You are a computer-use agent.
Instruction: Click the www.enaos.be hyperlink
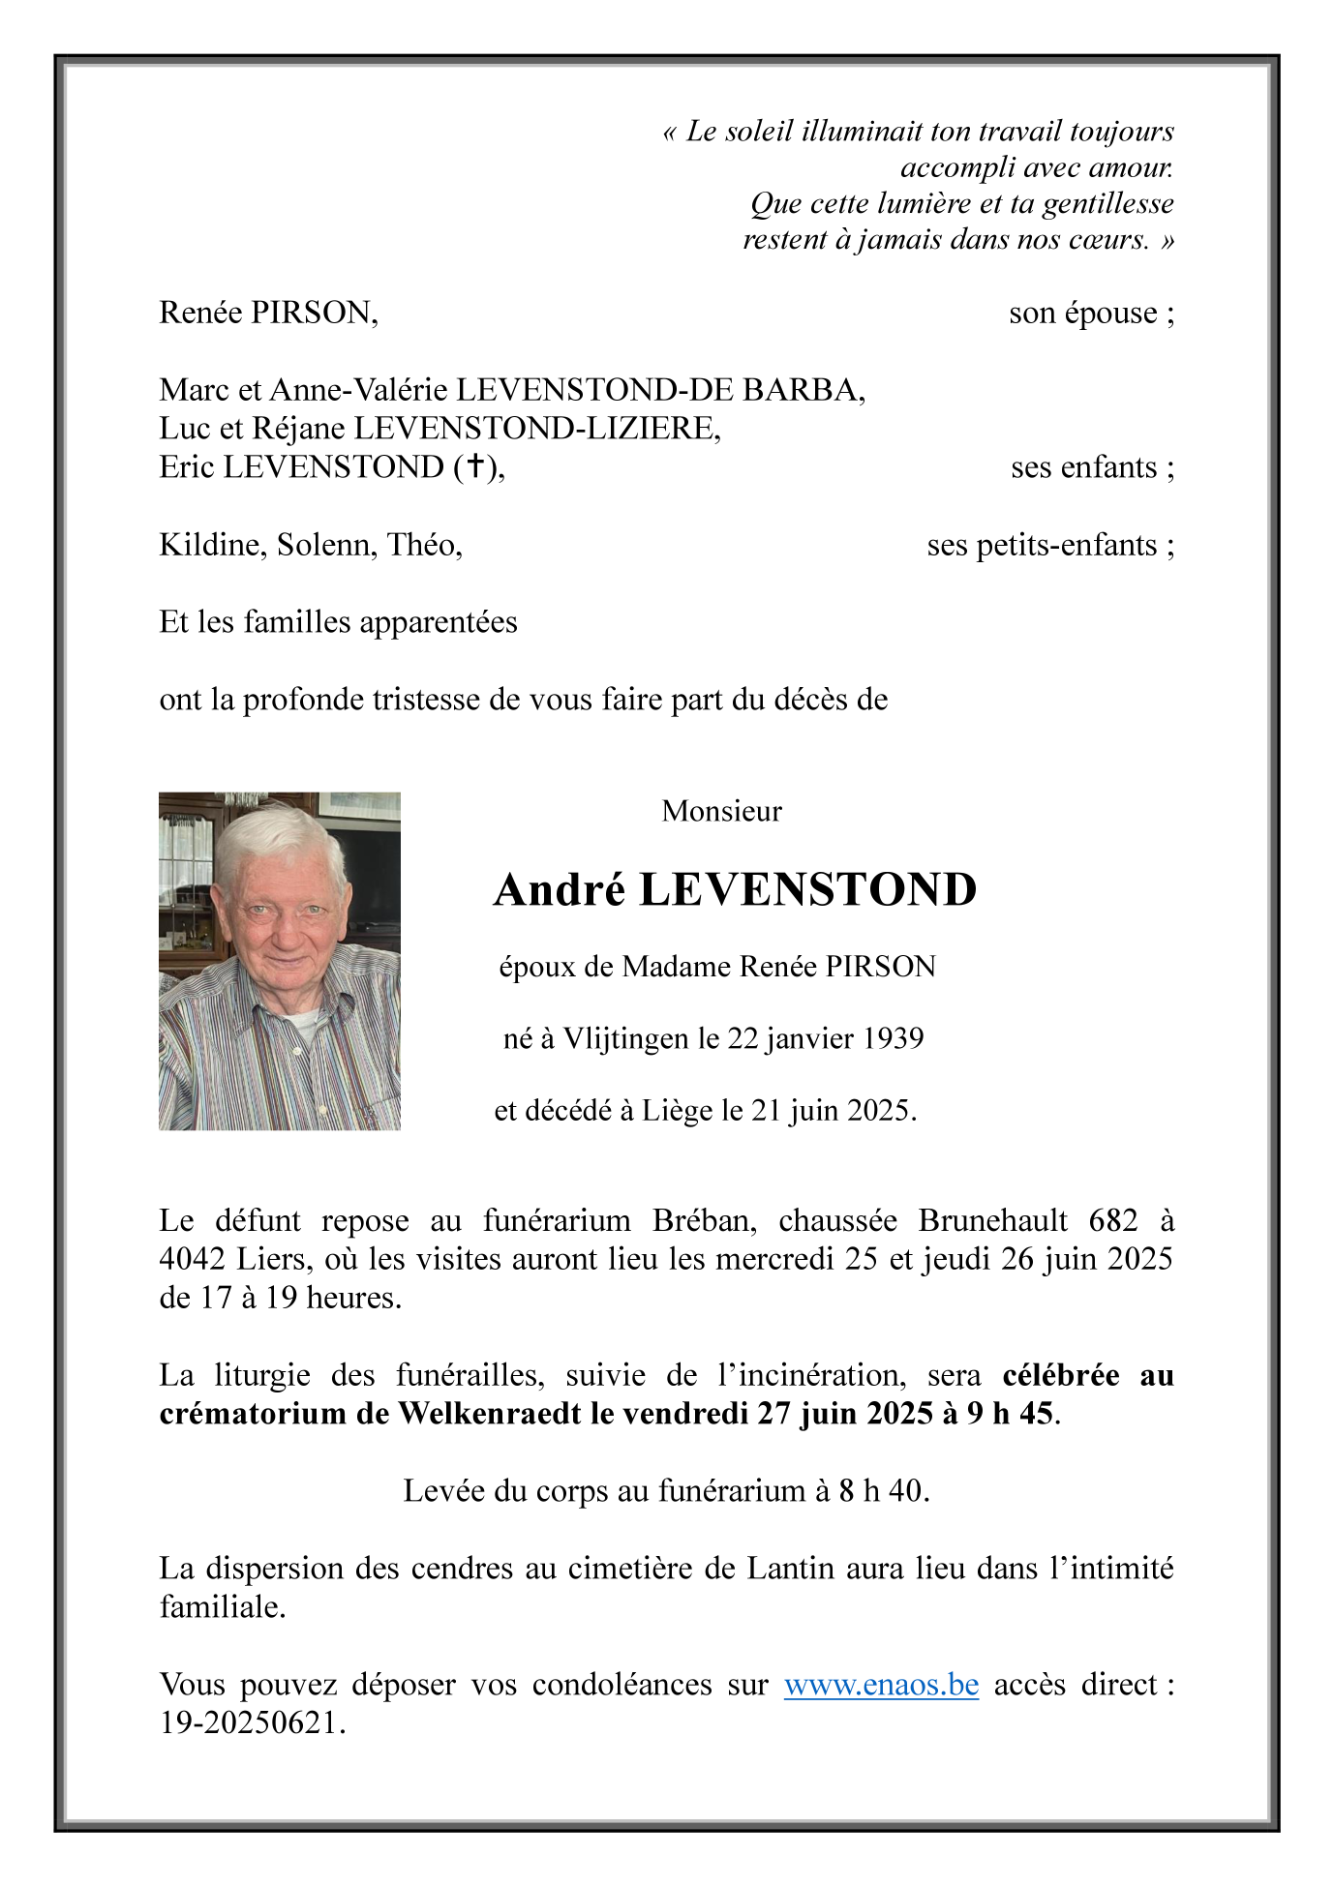point(881,1685)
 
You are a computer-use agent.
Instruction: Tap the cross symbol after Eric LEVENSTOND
point(475,466)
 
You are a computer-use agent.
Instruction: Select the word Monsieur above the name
point(721,811)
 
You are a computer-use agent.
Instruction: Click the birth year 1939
point(893,1038)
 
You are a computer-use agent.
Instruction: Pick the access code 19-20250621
point(251,1723)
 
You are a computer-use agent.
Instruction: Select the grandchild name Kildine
point(213,546)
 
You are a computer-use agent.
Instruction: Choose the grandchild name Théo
point(424,546)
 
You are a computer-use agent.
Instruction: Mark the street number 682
point(1113,1220)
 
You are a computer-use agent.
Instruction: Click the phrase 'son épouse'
point(1090,314)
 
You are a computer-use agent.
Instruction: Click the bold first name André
point(560,890)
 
